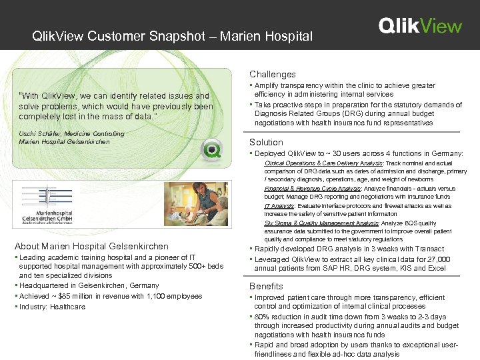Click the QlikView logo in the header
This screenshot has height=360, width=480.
pos(420,26)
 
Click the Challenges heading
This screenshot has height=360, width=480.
pos(273,74)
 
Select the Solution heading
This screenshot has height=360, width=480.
pos(266,142)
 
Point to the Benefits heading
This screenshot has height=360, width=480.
pos(266,286)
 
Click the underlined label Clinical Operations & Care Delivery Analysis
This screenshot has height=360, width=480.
pos(323,163)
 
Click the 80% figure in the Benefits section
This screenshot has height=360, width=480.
pos(263,316)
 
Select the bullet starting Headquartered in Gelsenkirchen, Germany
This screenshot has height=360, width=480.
pos(89,285)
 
